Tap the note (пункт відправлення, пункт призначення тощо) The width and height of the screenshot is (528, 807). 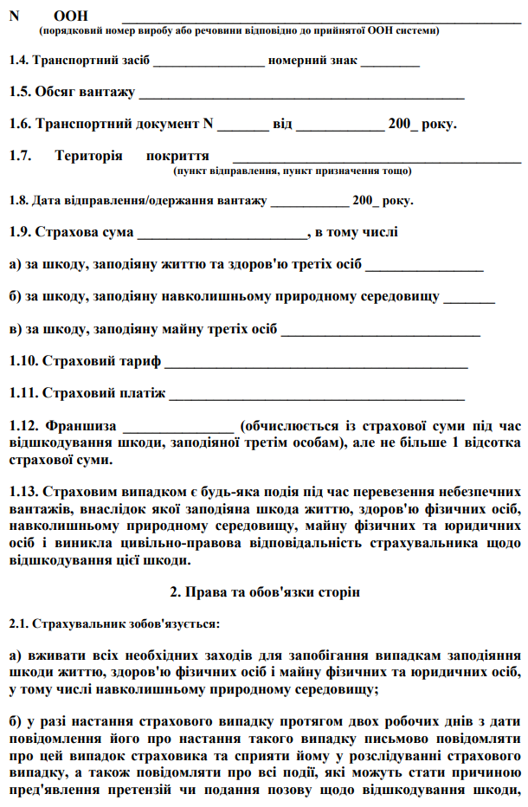292,171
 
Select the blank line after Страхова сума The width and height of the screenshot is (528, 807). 222,235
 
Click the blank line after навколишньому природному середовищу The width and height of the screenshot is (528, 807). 468,300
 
